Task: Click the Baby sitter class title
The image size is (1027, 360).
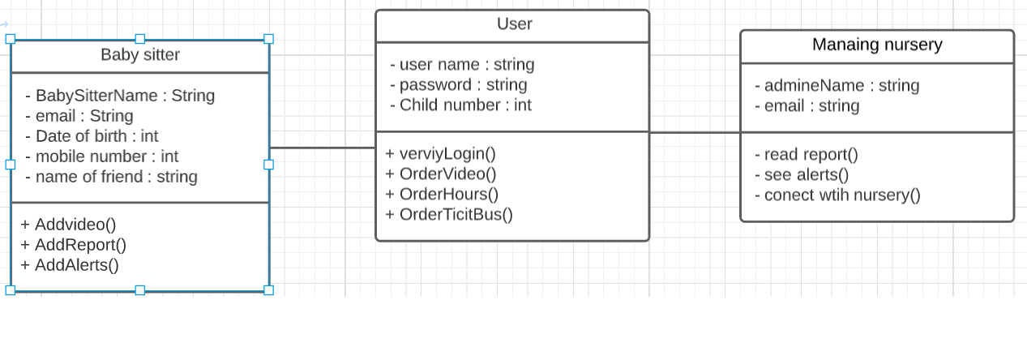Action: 140,55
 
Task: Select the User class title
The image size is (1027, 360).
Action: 514,24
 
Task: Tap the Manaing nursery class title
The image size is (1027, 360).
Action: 877,45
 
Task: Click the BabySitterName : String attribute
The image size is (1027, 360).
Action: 120,96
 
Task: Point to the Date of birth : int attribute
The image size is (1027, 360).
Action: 92,136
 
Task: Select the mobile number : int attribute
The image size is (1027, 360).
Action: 101,156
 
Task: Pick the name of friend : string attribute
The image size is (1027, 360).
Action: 111,177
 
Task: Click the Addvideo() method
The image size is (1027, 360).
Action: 68,225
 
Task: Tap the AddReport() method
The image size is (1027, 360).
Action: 73,245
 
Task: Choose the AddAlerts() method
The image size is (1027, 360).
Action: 70,265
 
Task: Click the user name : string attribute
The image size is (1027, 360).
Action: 462,65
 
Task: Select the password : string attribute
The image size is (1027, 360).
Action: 458,85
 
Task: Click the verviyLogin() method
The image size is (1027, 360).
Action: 440,154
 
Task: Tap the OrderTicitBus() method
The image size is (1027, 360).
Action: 449,215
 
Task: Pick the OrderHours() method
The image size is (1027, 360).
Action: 442,195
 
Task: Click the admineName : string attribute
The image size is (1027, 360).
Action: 837,86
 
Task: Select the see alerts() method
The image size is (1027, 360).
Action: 802,175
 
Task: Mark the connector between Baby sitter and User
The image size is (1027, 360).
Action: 323,148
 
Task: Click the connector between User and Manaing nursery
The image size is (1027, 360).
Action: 695,132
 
